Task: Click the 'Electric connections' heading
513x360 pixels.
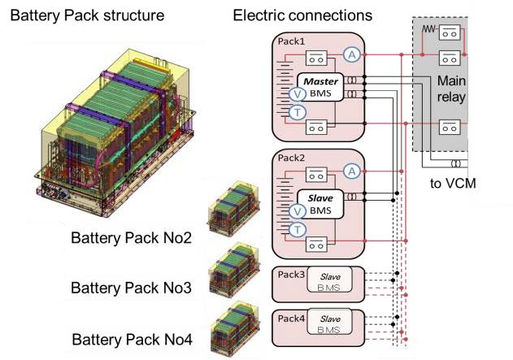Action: click(x=291, y=15)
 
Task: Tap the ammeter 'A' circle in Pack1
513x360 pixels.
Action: click(x=351, y=54)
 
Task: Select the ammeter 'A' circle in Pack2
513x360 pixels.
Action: click(x=351, y=171)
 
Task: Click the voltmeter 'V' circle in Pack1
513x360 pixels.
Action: click(x=298, y=94)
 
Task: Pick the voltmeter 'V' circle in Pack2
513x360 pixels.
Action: click(x=298, y=212)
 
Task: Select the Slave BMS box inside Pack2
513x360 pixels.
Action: click(x=322, y=205)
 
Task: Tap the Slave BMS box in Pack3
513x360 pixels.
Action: click(x=328, y=281)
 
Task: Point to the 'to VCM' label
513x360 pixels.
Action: click(x=452, y=183)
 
